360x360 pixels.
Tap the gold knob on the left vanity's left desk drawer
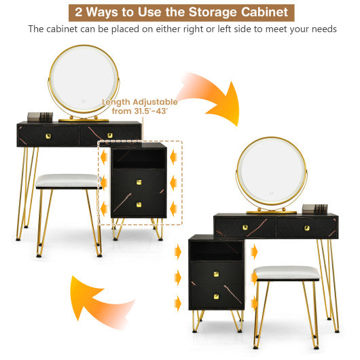coord(48,135)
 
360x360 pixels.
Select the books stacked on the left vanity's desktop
coord(39,115)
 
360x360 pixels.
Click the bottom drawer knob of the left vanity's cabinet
coord(138,204)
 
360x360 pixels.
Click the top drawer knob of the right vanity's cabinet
coord(217,274)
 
